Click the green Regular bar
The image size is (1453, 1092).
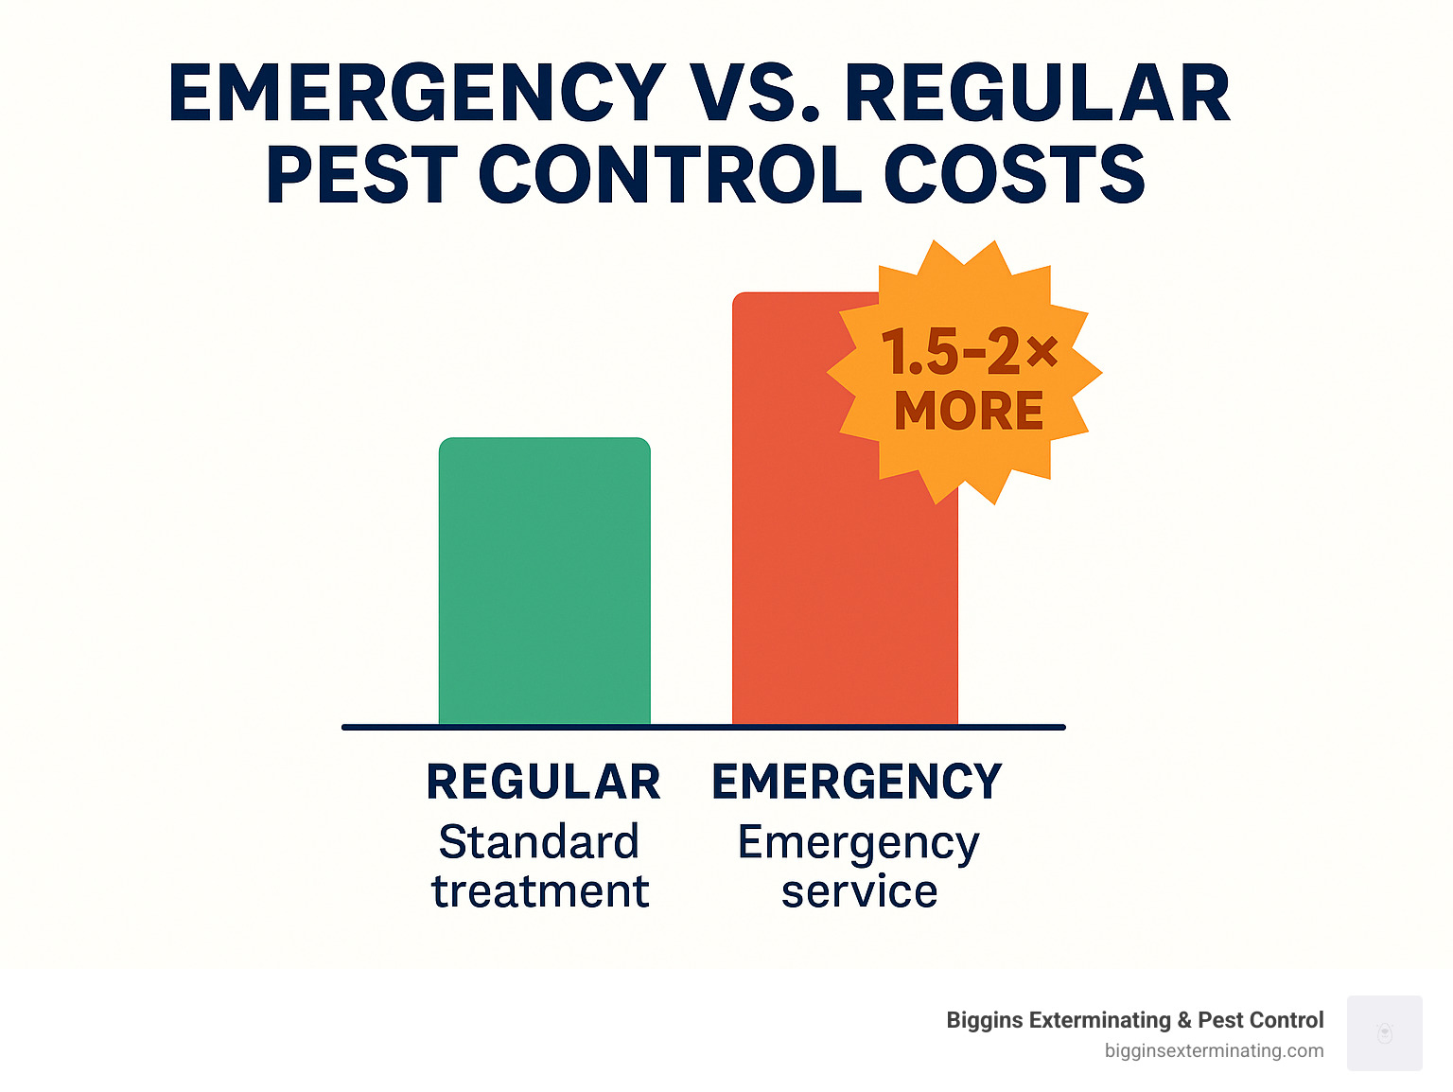tap(544, 581)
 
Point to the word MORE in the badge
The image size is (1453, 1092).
tap(969, 412)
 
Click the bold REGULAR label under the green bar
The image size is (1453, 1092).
tap(543, 782)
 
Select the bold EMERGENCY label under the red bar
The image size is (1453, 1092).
tap(856, 782)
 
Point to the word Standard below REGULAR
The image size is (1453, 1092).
tap(539, 841)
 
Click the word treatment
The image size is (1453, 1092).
tap(540, 891)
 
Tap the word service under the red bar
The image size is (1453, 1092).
tap(859, 891)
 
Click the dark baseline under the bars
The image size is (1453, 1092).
tap(703, 727)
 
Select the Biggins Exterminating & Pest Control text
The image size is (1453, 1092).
tap(1134, 1020)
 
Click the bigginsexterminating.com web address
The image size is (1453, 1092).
tap(1214, 1050)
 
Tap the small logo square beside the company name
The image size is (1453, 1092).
tap(1384, 1032)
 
